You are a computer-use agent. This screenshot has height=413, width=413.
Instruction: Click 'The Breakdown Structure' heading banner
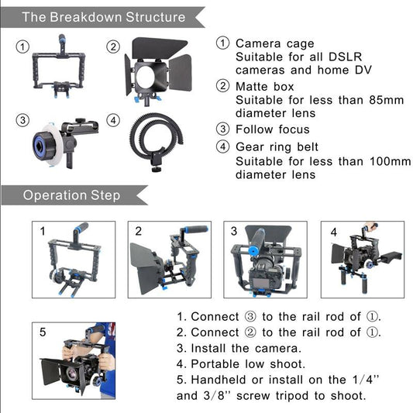coord(103,17)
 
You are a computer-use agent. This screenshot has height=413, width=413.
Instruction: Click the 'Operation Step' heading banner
coord(71,194)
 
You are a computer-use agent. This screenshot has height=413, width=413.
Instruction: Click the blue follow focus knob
coord(43,142)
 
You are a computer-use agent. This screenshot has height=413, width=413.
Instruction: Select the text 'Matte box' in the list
coord(264,86)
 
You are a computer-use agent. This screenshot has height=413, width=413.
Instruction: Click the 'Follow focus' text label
coord(272,129)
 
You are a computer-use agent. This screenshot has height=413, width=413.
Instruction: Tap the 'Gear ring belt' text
coord(277,147)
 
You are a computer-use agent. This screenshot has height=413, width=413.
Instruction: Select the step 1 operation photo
coord(73,259)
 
